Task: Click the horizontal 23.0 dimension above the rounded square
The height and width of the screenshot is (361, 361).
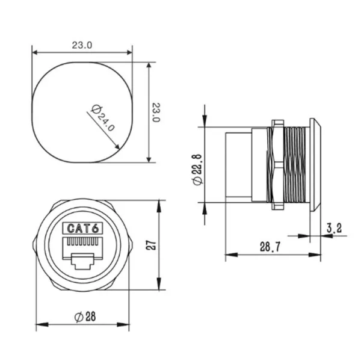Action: coord(82,45)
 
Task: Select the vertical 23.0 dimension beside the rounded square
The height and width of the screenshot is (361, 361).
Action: coord(156,112)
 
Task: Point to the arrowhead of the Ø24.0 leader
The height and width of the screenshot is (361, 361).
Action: coord(117,147)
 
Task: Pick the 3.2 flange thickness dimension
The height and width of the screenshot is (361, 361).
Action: coord(334,228)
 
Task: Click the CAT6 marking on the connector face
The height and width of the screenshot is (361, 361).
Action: coord(82,229)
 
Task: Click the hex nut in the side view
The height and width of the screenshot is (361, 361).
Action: coord(277,164)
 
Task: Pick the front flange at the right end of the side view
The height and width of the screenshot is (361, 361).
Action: coord(315,164)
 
